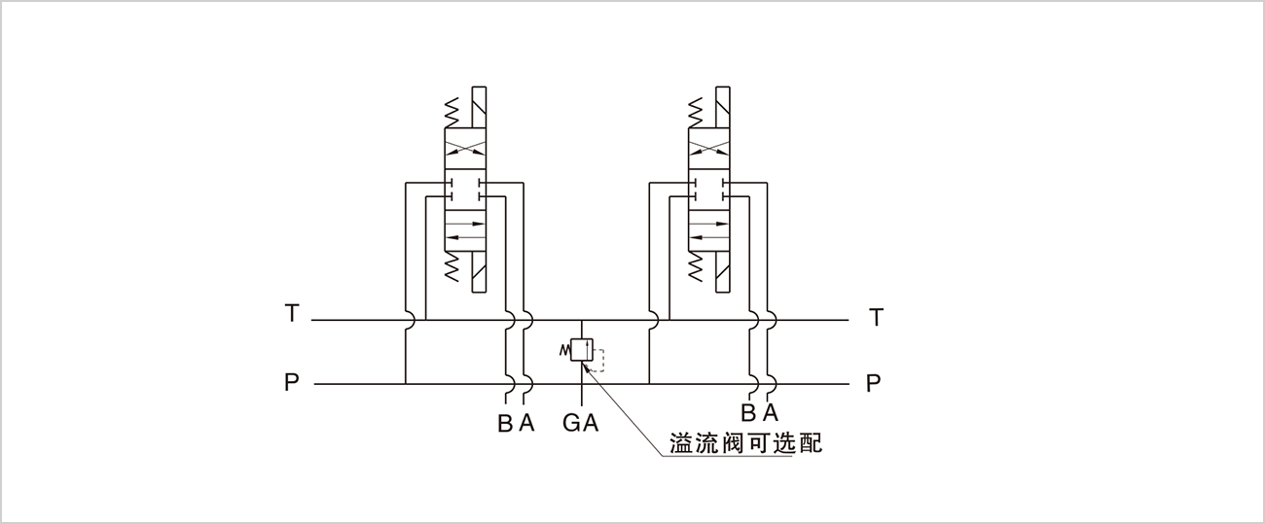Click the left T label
(292, 314)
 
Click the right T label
(877, 317)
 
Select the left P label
(292, 382)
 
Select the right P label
(874, 383)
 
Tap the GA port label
(581, 424)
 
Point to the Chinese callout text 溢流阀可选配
(746, 443)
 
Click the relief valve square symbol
(581, 350)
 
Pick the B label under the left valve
(505, 424)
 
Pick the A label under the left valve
(526, 424)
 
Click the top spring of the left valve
(452, 113)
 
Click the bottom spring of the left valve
(452, 266)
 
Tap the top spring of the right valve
(696, 113)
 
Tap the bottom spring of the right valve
(696, 266)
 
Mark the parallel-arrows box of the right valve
(709, 228)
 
